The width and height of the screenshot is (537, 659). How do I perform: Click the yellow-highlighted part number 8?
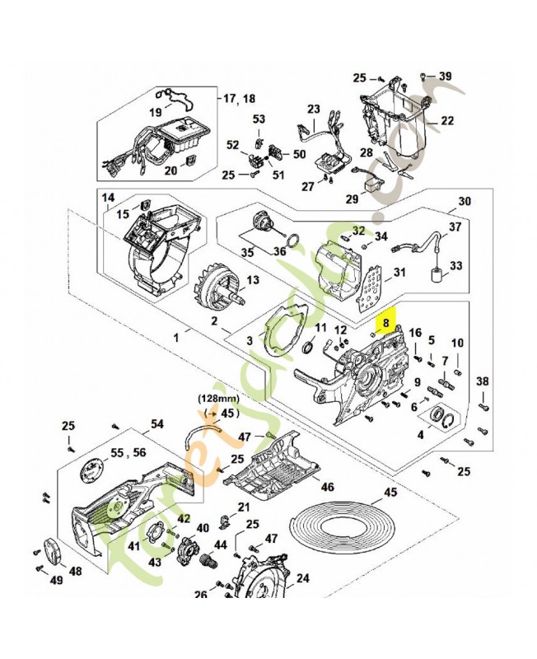[x=386, y=315]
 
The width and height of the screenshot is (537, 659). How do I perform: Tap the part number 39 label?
[x=445, y=77]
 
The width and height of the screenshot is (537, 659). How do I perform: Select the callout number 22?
[x=446, y=121]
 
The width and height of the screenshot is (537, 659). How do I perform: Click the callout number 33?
[x=456, y=266]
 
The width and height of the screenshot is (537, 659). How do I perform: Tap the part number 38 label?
[x=483, y=381]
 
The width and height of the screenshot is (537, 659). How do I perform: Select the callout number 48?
[x=74, y=571]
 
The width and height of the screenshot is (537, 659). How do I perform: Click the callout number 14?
[x=109, y=198]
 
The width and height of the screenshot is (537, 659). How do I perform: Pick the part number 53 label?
[x=259, y=120]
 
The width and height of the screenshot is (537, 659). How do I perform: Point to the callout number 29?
[x=352, y=199]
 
